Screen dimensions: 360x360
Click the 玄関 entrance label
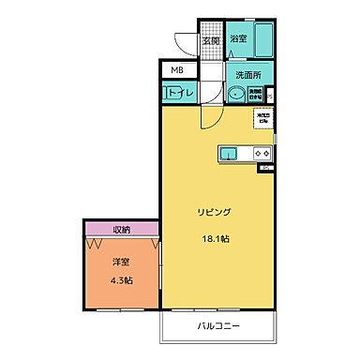211,40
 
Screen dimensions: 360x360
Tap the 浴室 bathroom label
238,40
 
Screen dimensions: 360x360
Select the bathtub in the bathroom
264,40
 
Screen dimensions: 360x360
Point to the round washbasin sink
235,93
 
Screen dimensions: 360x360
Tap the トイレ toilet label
181,93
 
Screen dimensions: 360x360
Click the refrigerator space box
262,119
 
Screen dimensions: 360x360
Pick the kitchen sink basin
231,153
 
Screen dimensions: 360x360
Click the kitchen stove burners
262,153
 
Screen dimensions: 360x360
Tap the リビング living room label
214,213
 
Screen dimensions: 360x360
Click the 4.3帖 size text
119,280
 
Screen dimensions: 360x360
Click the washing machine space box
256,93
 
